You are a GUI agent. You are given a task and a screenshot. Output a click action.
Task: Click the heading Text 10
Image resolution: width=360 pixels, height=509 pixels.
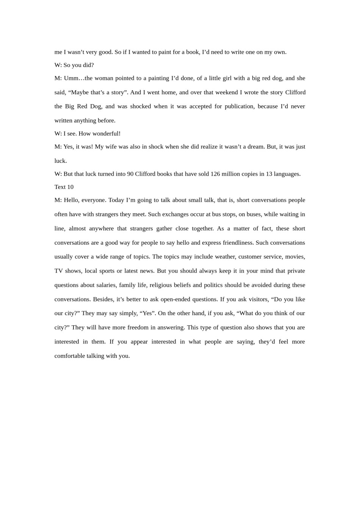click(x=64, y=187)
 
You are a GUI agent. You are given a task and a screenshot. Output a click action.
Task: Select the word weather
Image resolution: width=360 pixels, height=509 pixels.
click(x=225, y=256)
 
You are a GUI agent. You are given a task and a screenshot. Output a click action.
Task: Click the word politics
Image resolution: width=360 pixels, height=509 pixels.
click(x=212, y=285)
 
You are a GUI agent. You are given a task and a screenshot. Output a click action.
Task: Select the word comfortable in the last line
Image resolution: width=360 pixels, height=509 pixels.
click(x=70, y=356)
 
